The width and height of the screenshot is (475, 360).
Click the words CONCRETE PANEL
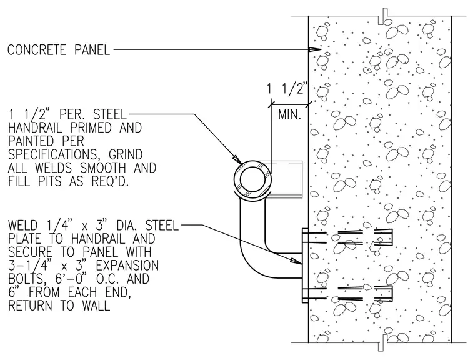click(59, 50)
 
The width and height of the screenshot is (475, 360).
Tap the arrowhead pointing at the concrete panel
click(315, 49)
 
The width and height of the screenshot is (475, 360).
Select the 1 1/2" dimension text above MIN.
click(287, 89)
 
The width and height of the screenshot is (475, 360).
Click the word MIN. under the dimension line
click(289, 114)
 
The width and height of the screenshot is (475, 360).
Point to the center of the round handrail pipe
click(252, 179)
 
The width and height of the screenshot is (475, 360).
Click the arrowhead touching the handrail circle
click(237, 160)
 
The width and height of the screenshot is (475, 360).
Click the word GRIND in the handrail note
click(126, 154)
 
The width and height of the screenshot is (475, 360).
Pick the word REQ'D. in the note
click(110, 181)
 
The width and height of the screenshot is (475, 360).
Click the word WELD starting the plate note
click(22, 226)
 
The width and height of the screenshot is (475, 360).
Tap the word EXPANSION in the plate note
click(127, 266)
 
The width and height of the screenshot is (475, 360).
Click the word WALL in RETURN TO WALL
click(96, 306)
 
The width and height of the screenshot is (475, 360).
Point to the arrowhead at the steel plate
click(296, 261)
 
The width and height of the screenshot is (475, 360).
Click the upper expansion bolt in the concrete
click(347, 237)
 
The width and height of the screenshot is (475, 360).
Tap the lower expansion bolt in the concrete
click(347, 294)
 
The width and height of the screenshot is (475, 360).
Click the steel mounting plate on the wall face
click(306, 266)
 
